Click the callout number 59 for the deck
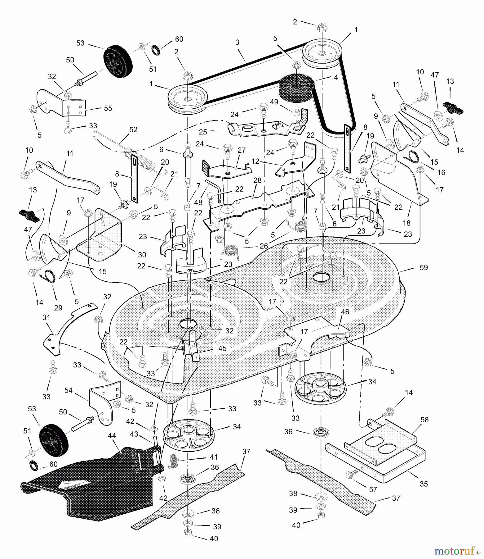423,267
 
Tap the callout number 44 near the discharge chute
112,436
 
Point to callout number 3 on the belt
237,43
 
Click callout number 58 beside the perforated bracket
424,420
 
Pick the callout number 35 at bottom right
424,484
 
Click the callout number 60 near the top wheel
179,39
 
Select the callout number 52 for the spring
133,130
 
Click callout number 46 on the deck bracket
345,312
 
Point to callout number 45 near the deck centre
222,348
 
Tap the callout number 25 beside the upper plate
203,132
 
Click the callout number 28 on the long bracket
257,180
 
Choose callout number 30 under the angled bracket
142,255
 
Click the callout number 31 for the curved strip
46,317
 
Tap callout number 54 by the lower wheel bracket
69,390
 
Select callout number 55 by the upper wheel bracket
108,108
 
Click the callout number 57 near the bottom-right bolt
373,489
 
